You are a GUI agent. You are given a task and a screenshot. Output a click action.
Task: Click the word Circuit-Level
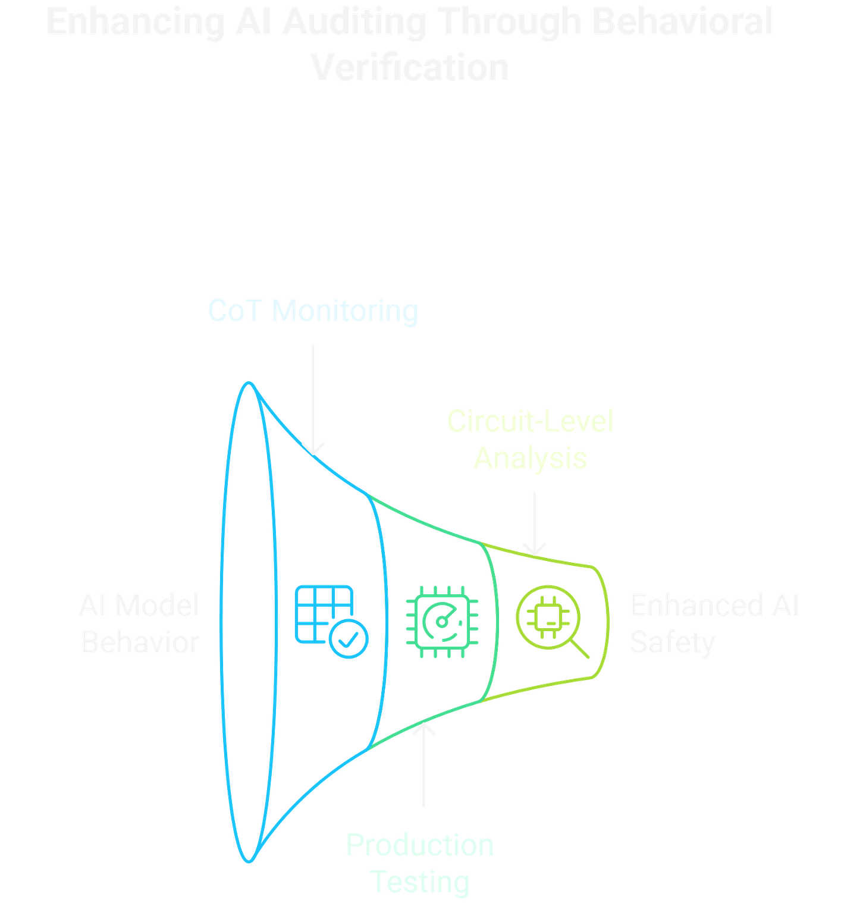pos(530,422)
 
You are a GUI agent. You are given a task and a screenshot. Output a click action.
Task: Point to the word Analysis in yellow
pos(530,458)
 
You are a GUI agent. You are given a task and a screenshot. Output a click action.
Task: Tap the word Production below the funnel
pos(420,845)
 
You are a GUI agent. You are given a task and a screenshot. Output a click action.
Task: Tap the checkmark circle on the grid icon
pos(350,639)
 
